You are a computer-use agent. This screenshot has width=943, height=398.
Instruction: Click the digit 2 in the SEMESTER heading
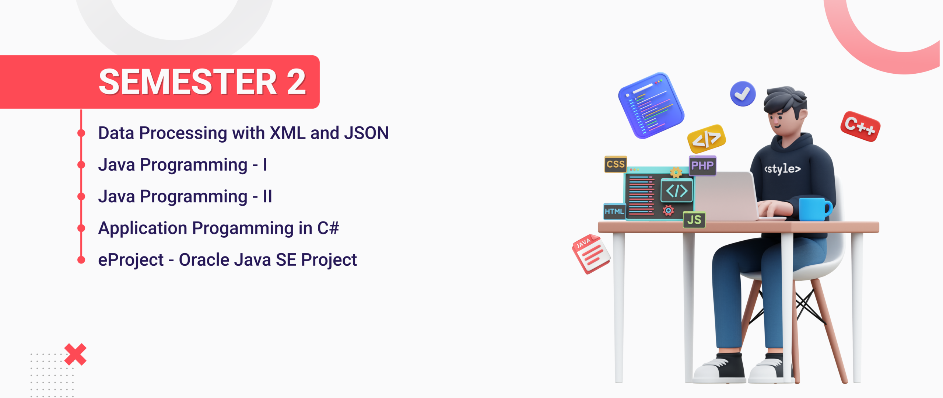point(296,82)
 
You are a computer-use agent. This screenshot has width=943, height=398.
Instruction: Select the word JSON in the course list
point(366,133)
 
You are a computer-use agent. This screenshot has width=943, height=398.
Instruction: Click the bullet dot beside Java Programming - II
point(81,196)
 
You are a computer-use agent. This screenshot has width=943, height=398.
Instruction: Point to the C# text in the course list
point(328,228)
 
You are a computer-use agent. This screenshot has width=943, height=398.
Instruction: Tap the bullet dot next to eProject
point(81,260)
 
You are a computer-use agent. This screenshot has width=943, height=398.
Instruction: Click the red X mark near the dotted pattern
point(76,355)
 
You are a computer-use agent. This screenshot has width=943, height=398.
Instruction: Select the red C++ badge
point(860,126)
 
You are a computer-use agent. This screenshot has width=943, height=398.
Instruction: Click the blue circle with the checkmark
point(743,94)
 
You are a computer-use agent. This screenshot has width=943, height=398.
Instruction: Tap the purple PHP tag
point(702,165)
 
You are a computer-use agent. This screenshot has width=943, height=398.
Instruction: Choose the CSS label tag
point(616,164)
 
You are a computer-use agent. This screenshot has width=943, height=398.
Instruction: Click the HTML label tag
point(614,211)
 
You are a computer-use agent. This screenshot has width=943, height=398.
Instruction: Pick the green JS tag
point(694,220)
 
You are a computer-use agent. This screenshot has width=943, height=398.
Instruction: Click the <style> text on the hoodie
point(782,169)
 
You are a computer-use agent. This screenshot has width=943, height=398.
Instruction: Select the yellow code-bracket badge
point(706,139)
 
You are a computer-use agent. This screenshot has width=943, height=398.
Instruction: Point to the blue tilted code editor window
point(651,105)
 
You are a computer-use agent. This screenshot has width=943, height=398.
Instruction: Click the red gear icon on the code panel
point(668,210)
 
